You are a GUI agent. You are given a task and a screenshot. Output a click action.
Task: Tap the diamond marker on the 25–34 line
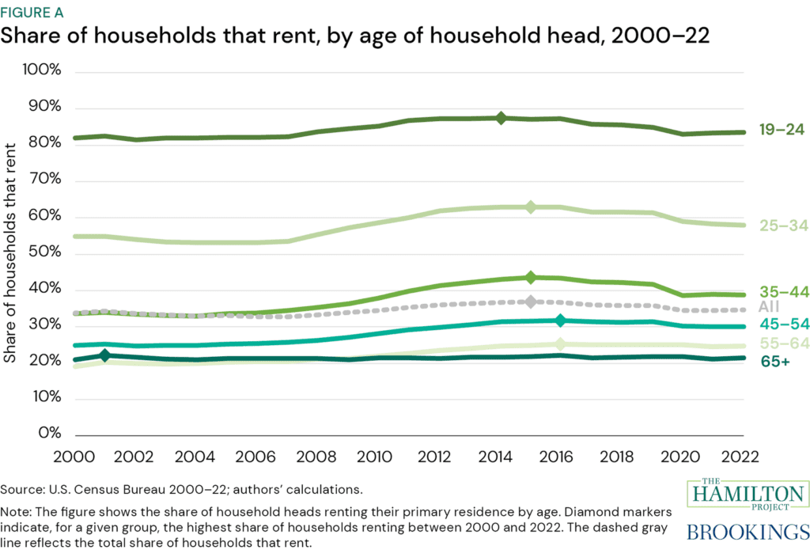click(x=531, y=207)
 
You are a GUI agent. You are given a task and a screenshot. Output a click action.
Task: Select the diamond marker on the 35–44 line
click(x=531, y=277)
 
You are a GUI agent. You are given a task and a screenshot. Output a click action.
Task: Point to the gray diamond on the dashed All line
click(x=531, y=302)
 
